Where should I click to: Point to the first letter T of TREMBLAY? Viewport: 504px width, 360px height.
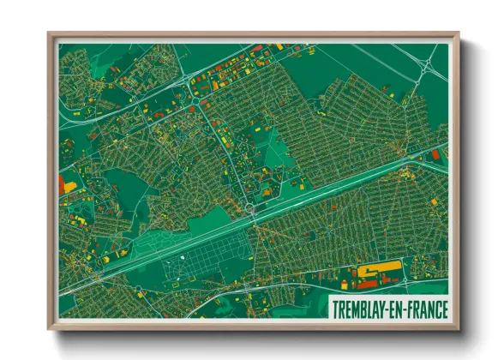pyautogui.click(x=336, y=308)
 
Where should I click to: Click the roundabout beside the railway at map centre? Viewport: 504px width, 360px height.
pyautogui.click(x=249, y=208)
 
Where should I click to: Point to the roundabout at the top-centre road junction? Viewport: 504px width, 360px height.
pyautogui.click(x=195, y=101)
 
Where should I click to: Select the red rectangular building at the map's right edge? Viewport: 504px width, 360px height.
pyautogui.click(x=435, y=154)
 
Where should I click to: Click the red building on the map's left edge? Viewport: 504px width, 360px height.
pyautogui.click(x=61, y=184)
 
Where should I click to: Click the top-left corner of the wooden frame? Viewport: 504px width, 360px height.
pyautogui.click(x=50, y=34)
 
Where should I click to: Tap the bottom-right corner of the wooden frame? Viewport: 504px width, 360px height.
pyautogui.click(x=457, y=328)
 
